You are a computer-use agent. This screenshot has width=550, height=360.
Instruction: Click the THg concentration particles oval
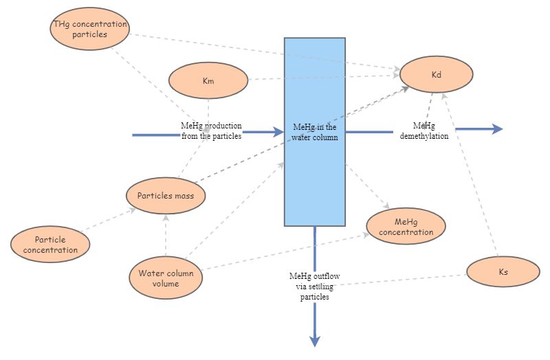90,30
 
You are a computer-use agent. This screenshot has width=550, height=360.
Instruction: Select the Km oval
208,81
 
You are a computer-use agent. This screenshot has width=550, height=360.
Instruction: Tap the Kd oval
436,74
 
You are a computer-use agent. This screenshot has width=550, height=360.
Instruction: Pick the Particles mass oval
166,195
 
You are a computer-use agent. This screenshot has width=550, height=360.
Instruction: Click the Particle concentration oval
50,245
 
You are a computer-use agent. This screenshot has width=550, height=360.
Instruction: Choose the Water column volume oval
166,278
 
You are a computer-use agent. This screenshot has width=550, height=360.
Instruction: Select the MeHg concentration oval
406,227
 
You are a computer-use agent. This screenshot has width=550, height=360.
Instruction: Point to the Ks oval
503,272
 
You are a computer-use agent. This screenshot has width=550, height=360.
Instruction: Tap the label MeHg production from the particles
211,131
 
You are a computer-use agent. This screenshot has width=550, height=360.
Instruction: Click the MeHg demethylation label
424,131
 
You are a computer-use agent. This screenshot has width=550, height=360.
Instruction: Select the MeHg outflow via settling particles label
314,286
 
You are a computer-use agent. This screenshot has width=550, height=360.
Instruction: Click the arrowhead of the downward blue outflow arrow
315,341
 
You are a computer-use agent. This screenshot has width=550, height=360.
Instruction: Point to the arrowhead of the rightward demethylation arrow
497,128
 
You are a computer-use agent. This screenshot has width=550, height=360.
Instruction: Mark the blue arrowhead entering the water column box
278,131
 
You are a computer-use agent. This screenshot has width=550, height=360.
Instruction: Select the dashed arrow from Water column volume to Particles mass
166,234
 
